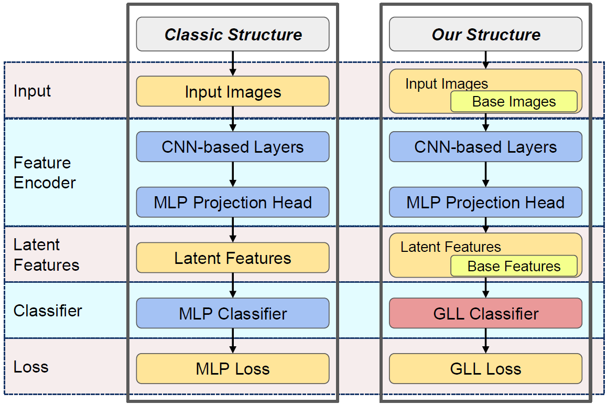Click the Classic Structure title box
coord(233,35)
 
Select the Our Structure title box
coord(485,35)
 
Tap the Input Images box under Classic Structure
coord(233,92)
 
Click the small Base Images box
coord(514,101)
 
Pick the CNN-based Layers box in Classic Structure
coord(233,147)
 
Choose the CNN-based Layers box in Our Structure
coord(485,147)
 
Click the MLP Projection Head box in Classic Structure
coord(233,203)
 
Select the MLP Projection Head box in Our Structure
coord(485,203)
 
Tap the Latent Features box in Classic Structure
coord(233,258)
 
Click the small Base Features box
coord(514,266)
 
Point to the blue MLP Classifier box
coord(233,313)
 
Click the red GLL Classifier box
coord(485,313)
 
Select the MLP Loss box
coord(233,368)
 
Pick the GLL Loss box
coord(485,368)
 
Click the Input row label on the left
coord(32,91)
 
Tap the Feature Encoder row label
coord(45,173)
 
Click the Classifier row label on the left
coord(48,311)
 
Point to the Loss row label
coord(31,366)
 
